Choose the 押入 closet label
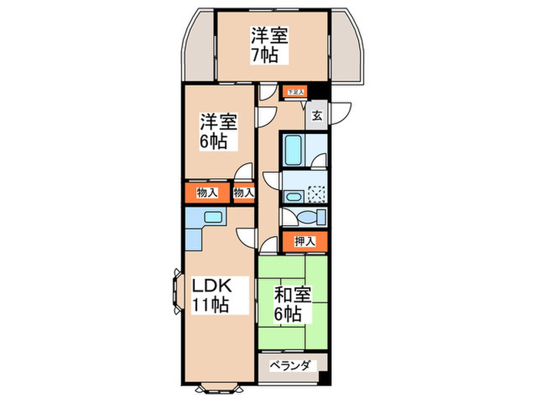tap(305, 242)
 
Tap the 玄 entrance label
tap(318, 117)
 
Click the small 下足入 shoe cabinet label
tap(295, 93)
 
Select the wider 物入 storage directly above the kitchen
tap(205, 192)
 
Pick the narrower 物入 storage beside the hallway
tap(243, 193)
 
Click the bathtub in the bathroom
tap(292, 150)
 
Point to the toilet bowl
tap(309, 215)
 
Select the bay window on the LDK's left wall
tap(176, 296)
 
